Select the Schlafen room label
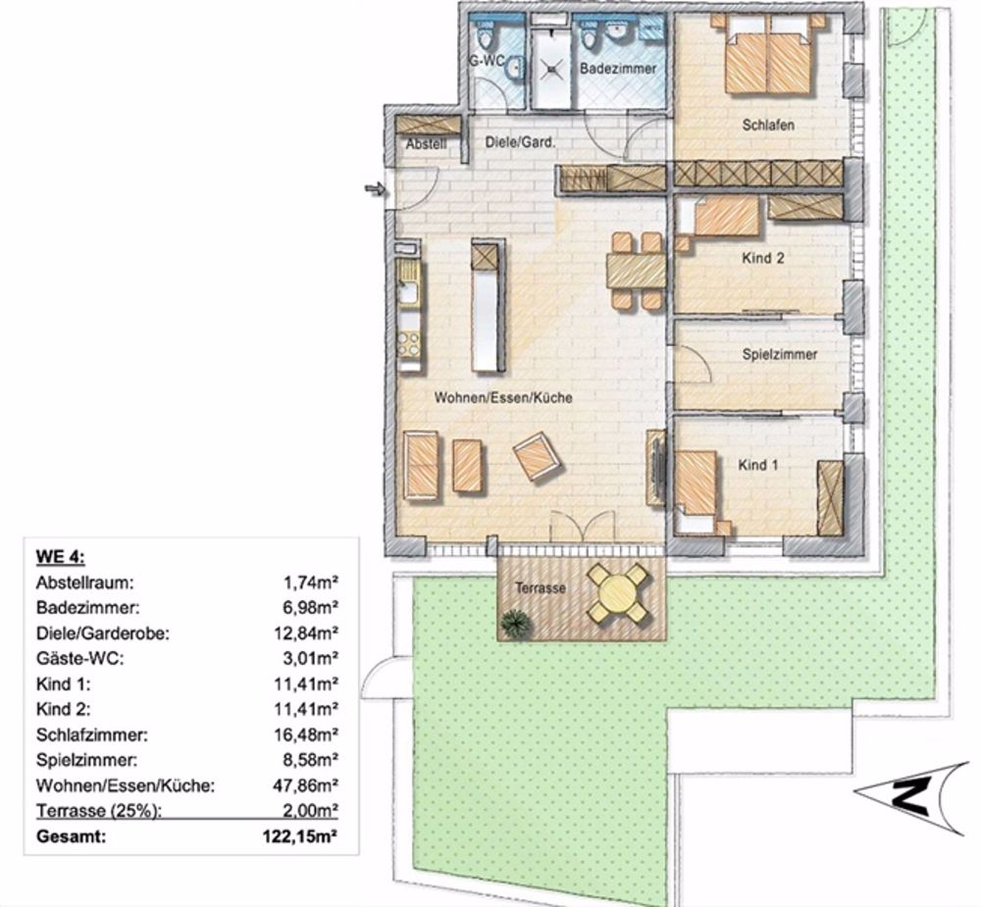767,126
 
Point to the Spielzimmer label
780,355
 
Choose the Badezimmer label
617,70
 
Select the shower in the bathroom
551,69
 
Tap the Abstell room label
426,144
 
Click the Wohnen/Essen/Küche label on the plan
504,398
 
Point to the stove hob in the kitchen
408,345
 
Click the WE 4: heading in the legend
61,557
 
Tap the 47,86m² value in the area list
306,785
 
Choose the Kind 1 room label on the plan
758,465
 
